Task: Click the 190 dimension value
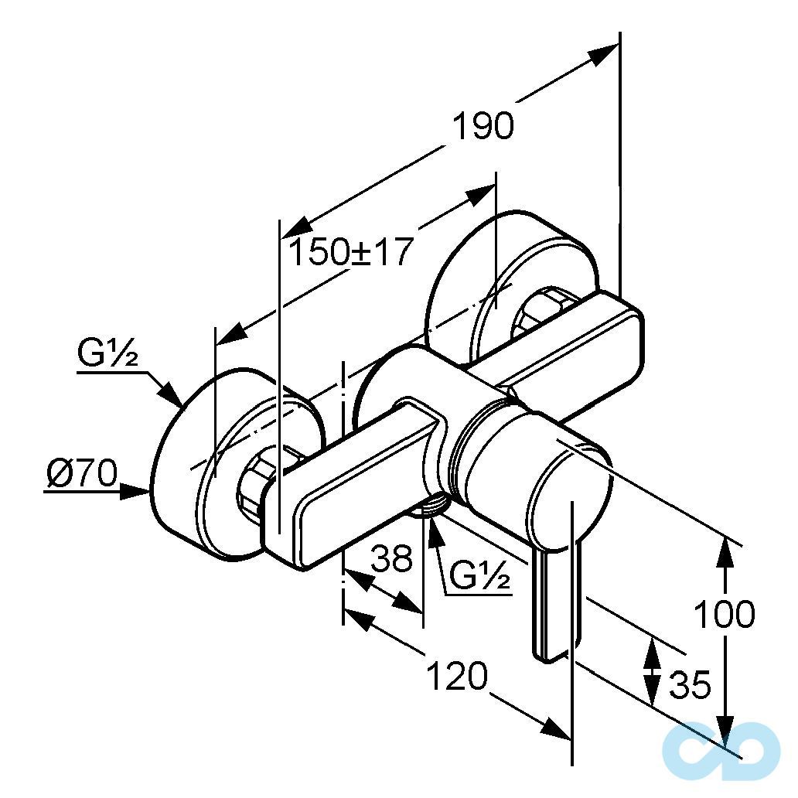coord(483,126)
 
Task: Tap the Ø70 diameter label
coord(81,472)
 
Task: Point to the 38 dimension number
coord(392,558)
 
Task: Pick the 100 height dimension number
coord(724,615)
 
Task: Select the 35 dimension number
coord(689,684)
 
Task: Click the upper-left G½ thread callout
coord(107,355)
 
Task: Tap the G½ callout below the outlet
coord(480,577)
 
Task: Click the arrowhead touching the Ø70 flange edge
coord(139,490)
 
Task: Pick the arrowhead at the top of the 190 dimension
coord(604,54)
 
